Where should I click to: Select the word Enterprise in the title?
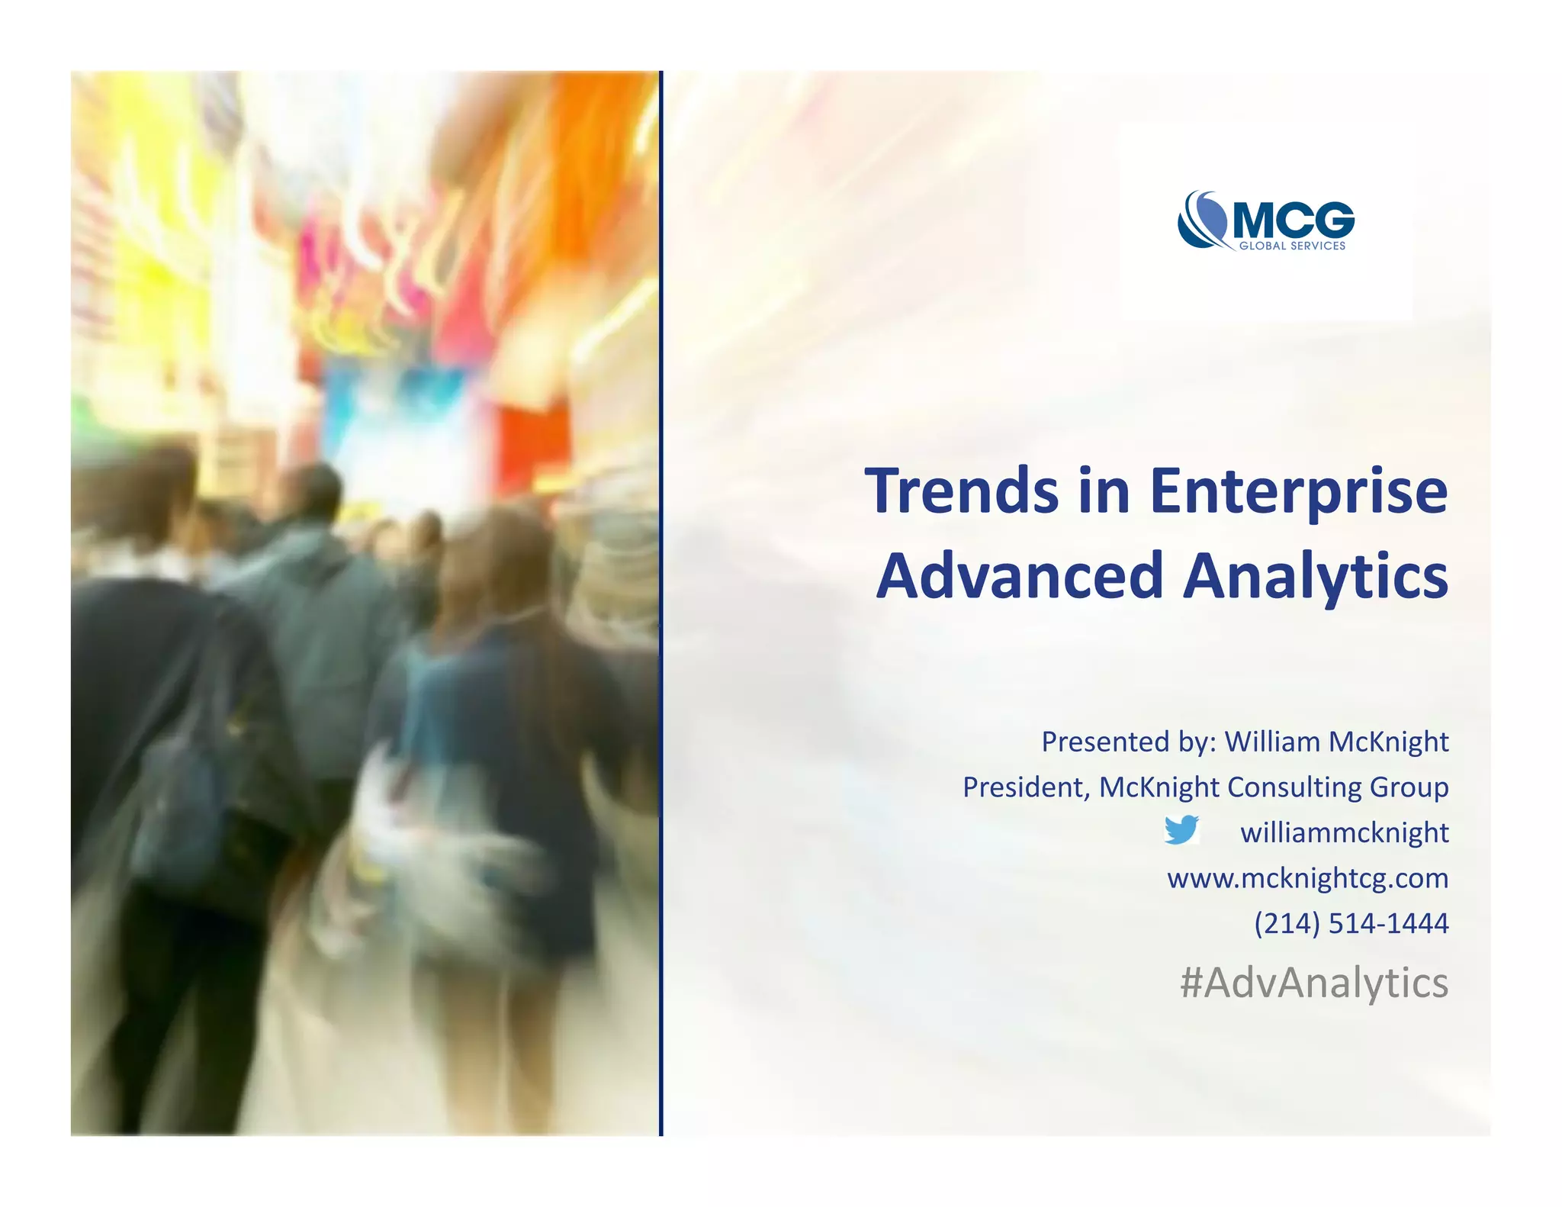[x=1297, y=493]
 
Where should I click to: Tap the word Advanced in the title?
[x=1019, y=576]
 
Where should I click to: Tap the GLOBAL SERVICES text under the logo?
[x=1292, y=246]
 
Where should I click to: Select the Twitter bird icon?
[x=1181, y=829]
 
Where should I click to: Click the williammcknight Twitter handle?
[x=1344, y=832]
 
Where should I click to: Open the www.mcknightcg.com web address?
[x=1307, y=878]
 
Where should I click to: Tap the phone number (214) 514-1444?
[x=1351, y=923]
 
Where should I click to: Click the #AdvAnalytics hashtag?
[x=1313, y=983]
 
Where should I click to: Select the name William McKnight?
[x=1336, y=742]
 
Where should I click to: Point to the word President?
[x=1024, y=787]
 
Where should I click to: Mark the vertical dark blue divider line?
[x=660, y=603]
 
